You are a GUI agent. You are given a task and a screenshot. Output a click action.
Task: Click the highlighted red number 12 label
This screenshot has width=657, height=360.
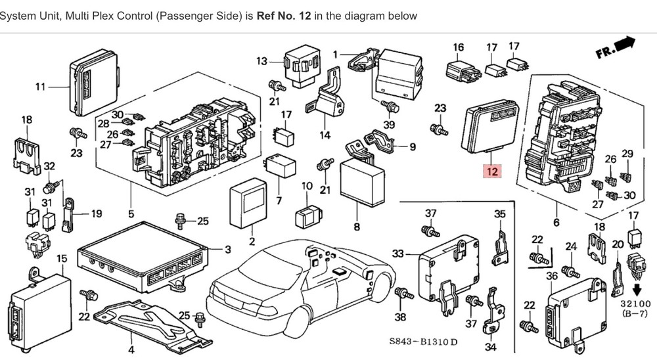(x=491, y=172)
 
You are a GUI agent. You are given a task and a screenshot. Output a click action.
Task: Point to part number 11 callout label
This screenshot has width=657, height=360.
(x=41, y=87)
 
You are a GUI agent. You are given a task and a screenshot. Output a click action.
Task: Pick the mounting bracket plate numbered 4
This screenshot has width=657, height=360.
(x=151, y=321)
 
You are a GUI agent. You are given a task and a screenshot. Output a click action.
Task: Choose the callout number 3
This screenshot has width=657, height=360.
(x=228, y=249)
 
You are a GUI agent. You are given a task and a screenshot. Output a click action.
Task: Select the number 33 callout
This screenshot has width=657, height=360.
(x=398, y=254)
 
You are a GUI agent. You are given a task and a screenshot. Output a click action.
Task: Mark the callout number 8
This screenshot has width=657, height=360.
(x=357, y=227)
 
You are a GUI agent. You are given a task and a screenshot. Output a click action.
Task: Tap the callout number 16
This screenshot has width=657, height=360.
(x=458, y=47)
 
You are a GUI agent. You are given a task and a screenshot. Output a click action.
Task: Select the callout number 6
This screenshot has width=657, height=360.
(x=556, y=223)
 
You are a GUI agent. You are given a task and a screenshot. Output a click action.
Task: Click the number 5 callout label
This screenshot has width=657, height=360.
(x=131, y=214)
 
